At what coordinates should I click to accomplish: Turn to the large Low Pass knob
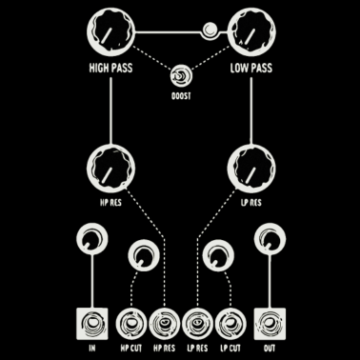250,35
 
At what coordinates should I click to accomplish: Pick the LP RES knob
250,168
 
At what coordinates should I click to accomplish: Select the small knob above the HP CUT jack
143,255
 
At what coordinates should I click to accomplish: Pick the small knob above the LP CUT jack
218,255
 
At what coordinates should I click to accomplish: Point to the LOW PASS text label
251,70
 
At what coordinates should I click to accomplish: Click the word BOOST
179,97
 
